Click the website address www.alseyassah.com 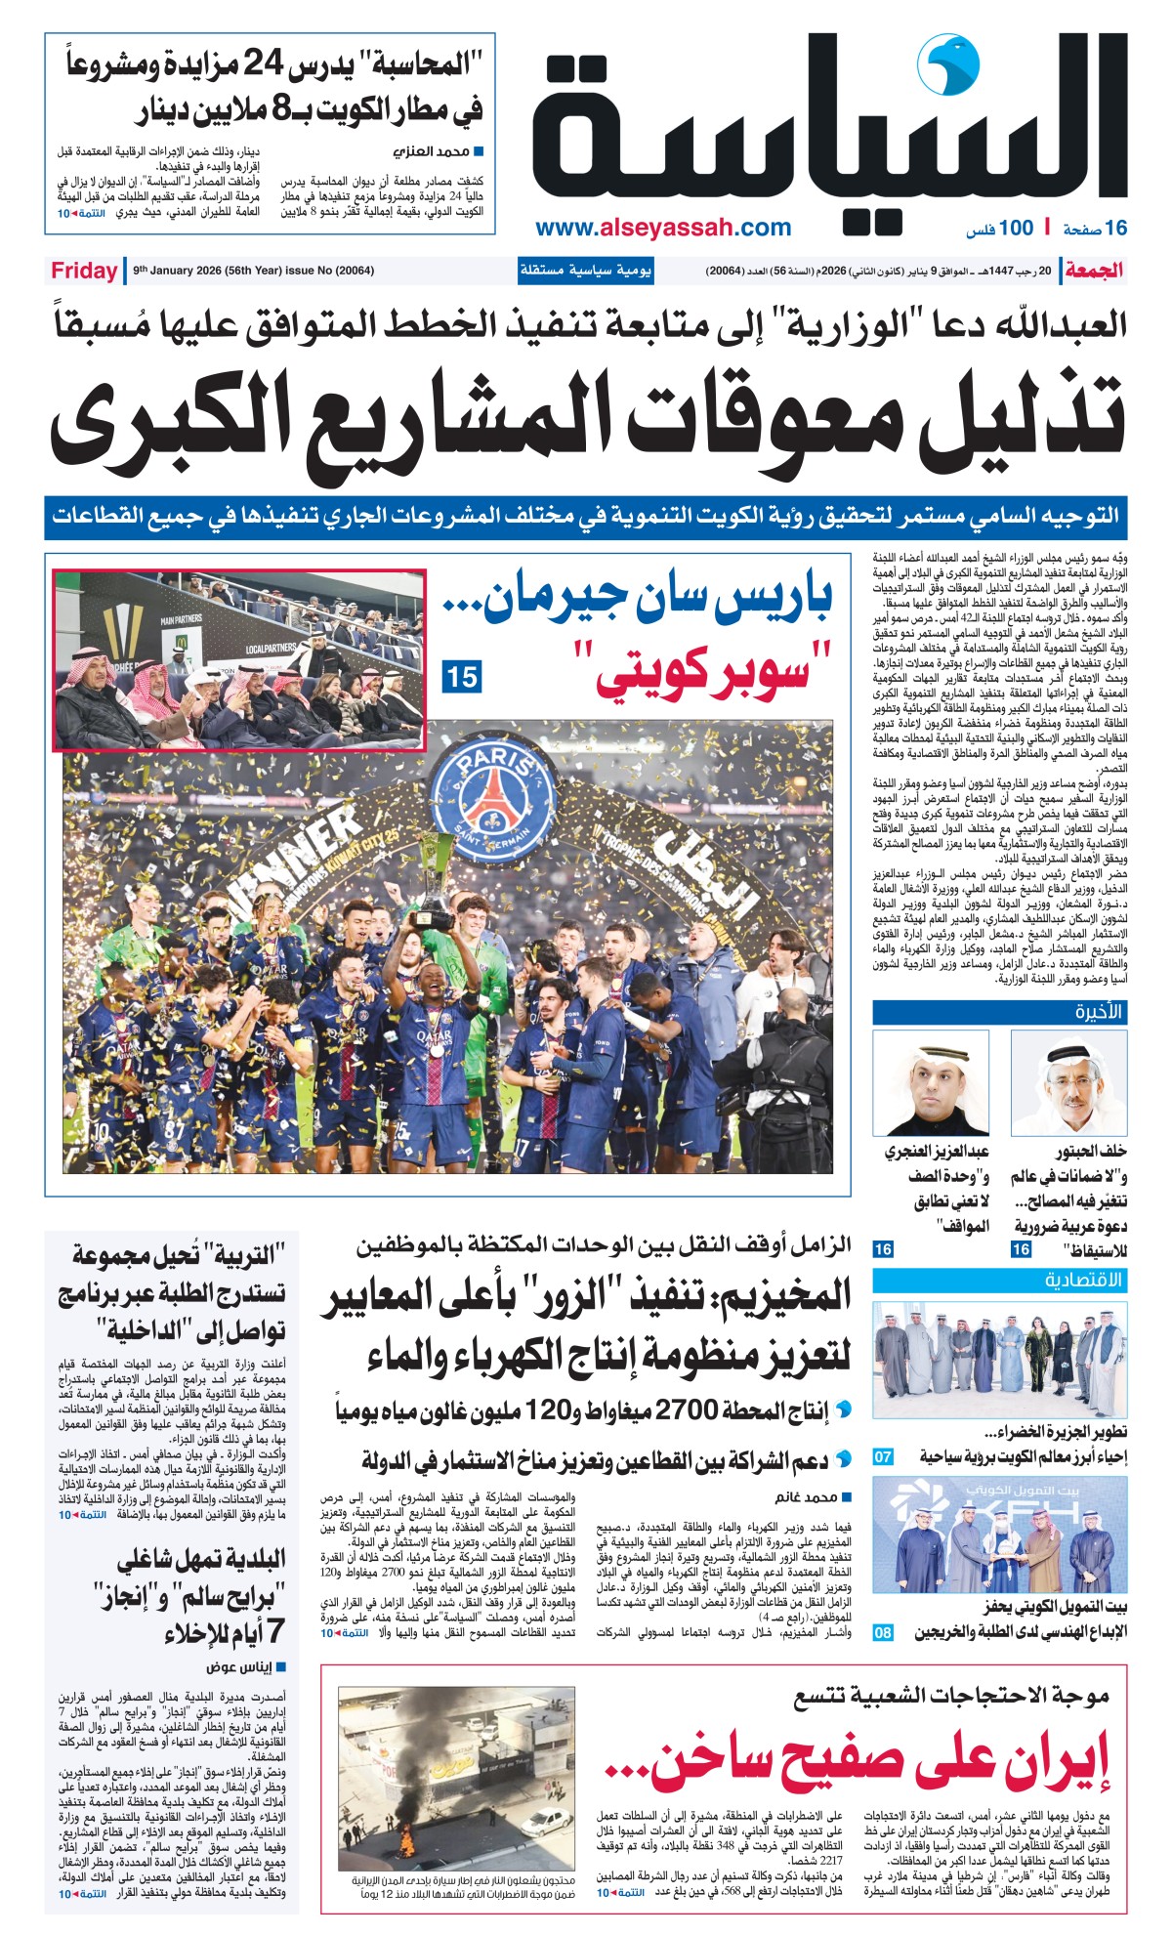(663, 229)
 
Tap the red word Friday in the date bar (84, 271)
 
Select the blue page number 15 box (461, 676)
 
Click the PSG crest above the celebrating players (490, 788)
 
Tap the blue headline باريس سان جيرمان (639, 603)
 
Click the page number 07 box (883, 1456)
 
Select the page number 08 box (883, 1632)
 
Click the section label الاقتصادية (1083, 1280)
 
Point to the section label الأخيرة (1100, 1011)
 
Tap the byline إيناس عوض (238, 1667)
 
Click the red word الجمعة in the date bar (1095, 271)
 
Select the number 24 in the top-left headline (265, 64)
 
